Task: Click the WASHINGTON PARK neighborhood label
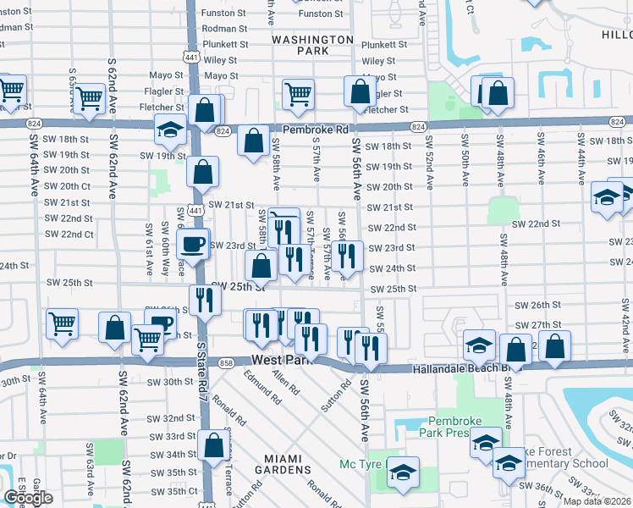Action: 313,45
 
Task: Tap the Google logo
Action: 28,498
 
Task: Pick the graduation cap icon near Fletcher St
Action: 170,130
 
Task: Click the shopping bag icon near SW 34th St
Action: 214,445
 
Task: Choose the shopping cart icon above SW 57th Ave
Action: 297,95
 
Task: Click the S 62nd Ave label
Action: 112,86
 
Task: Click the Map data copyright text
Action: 596,501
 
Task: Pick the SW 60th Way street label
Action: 164,246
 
